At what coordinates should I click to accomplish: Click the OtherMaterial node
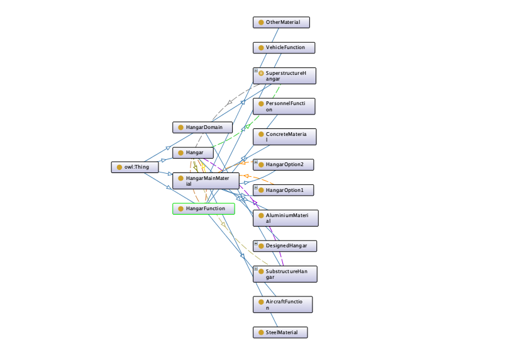pyautogui.click(x=281, y=23)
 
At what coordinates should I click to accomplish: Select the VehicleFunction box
pyautogui.click(x=284, y=48)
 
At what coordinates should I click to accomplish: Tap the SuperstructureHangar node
pyautogui.click(x=284, y=76)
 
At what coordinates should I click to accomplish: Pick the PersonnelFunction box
pyautogui.click(x=284, y=106)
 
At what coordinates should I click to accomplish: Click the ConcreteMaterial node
pyautogui.click(x=284, y=137)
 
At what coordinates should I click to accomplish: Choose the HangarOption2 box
pyautogui.click(x=283, y=165)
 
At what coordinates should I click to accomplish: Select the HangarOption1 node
pyautogui.click(x=283, y=190)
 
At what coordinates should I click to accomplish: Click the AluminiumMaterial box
pyautogui.click(x=285, y=218)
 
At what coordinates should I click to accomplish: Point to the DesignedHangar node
pyautogui.click(x=285, y=246)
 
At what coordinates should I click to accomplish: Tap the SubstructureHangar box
pyautogui.click(x=285, y=274)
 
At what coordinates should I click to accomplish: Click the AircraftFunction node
pyautogui.click(x=282, y=305)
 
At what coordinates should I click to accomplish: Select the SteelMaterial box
pyautogui.click(x=280, y=332)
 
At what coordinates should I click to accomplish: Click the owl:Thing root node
pyautogui.click(x=135, y=167)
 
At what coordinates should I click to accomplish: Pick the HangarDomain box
pyautogui.click(x=202, y=127)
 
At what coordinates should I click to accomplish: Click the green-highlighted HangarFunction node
pyautogui.click(x=204, y=209)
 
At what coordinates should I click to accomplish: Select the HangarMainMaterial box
pyautogui.click(x=206, y=181)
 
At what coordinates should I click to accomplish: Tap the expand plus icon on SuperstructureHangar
pyautogui.click(x=256, y=70)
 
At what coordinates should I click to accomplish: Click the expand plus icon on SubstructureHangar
pyautogui.click(x=256, y=269)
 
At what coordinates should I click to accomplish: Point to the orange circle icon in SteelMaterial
pyautogui.click(x=261, y=332)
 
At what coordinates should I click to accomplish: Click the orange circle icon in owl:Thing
pyautogui.click(x=119, y=167)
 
